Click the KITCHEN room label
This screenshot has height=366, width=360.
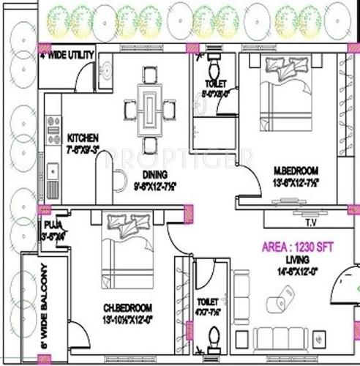82,138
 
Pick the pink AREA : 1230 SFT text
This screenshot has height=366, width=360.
299,247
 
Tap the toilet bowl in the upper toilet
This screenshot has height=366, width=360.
213,71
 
